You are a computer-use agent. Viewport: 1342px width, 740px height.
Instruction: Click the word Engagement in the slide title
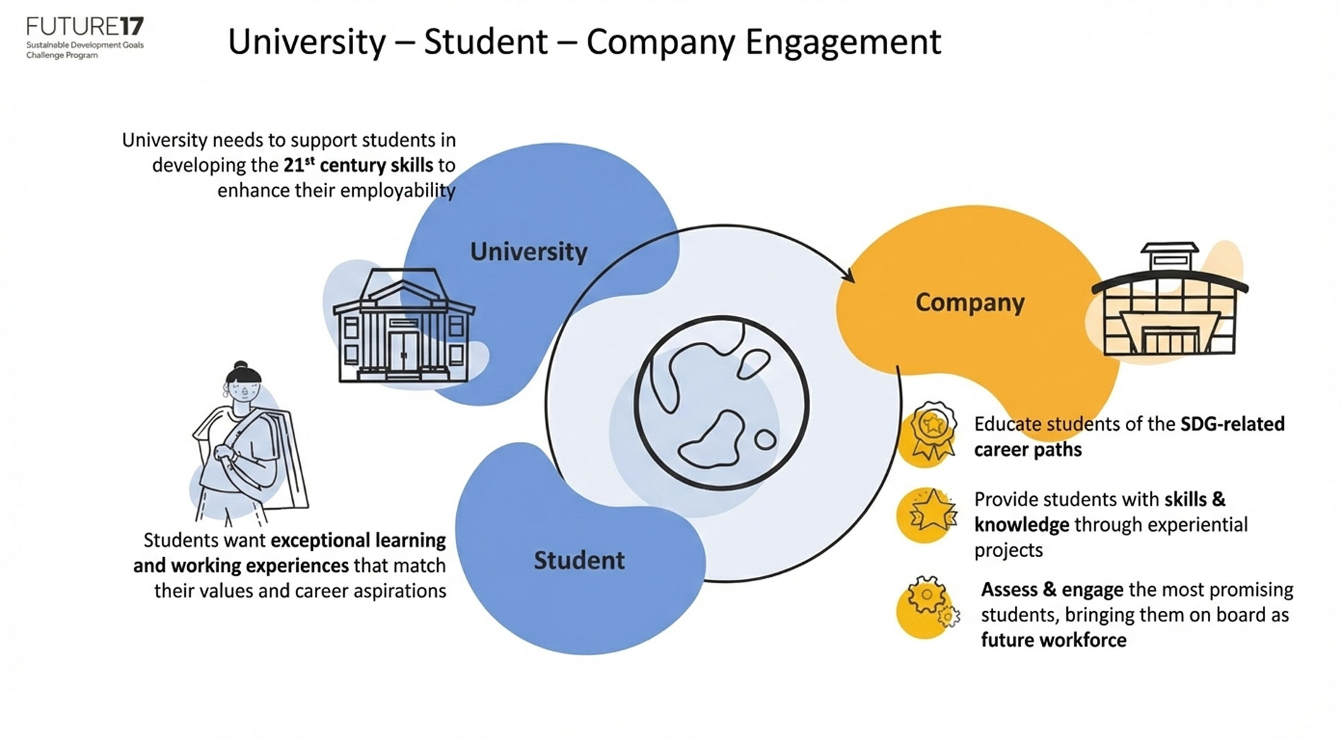[843, 42]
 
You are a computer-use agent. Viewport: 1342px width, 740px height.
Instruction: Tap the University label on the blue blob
[528, 251]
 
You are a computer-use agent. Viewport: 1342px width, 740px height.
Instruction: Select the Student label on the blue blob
[578, 560]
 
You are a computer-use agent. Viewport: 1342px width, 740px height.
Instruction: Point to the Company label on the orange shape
[969, 302]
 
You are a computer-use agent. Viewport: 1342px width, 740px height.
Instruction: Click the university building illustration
[403, 326]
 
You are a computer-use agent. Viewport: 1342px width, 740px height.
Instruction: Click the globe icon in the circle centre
[721, 402]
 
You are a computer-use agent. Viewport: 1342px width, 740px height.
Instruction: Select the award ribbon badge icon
[931, 432]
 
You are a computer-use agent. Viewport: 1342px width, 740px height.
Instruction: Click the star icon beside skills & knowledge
[931, 512]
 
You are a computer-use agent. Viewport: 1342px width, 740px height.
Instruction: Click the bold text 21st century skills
[358, 165]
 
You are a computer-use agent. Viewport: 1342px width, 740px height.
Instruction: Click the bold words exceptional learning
[358, 540]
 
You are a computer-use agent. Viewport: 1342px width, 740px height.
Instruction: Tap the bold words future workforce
[1053, 640]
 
